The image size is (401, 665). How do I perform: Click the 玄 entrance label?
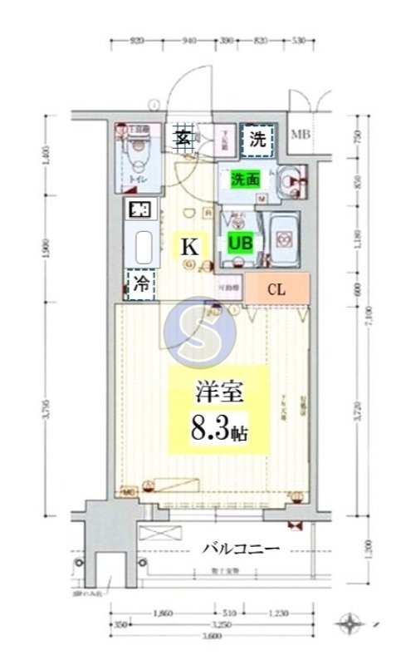coord(183,138)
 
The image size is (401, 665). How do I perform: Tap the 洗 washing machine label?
coord(258,139)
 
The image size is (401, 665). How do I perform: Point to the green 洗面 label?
coord(245,179)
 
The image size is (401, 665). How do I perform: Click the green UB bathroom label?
coord(241,243)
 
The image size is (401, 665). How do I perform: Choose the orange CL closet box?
coord(277,289)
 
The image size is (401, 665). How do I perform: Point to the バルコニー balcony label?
coord(242,549)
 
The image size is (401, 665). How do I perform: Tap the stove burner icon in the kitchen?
coord(139,209)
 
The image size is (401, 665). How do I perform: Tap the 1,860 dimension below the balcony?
coord(163,613)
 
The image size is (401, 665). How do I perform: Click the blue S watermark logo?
coord(201,332)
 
